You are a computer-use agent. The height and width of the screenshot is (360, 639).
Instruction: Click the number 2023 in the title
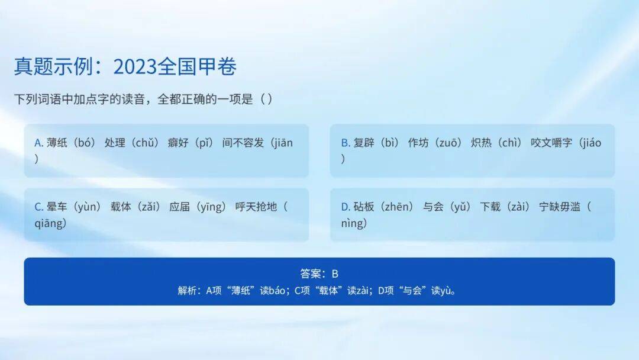pos(134,66)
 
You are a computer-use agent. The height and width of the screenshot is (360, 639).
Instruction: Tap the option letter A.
pos(38,143)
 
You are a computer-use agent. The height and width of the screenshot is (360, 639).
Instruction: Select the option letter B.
pos(345,143)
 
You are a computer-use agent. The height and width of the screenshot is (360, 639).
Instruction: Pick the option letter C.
pos(38,207)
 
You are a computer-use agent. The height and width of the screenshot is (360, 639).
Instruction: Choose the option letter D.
pos(345,207)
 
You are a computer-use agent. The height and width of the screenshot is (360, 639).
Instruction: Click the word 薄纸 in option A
pos(57,143)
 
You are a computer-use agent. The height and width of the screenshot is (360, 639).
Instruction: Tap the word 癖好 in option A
pos(177,143)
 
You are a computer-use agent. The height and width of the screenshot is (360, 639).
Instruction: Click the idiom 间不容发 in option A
pos(243,143)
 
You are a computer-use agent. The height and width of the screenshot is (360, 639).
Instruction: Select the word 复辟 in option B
pos(363,143)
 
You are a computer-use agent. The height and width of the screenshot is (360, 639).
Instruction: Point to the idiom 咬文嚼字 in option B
pos(551,143)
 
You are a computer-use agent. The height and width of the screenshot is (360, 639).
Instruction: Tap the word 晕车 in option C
pos(57,207)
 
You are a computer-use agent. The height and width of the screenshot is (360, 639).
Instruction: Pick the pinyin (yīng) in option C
pos(211,207)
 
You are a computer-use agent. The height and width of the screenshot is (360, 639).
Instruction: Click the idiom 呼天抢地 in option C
pos(256,207)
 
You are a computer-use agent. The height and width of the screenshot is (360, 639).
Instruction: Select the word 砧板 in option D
pos(363,207)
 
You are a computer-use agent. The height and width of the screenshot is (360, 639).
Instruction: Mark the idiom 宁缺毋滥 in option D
pos(560,207)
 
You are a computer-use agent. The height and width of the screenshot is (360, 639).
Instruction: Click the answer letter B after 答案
pos(335,274)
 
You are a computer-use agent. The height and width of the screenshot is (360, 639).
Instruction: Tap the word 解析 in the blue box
pos(187,291)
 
